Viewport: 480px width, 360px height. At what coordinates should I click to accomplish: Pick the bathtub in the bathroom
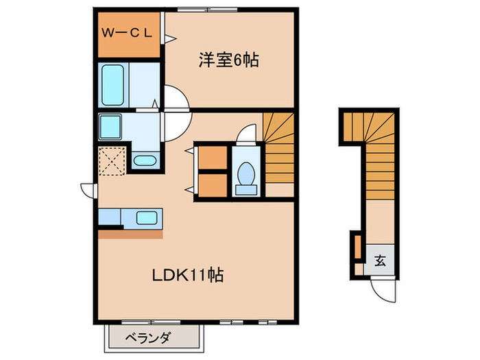[x=112, y=84]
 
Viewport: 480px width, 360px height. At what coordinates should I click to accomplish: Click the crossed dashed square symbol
[x=111, y=161]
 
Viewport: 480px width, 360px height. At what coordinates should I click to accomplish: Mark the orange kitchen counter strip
[x=130, y=234]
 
